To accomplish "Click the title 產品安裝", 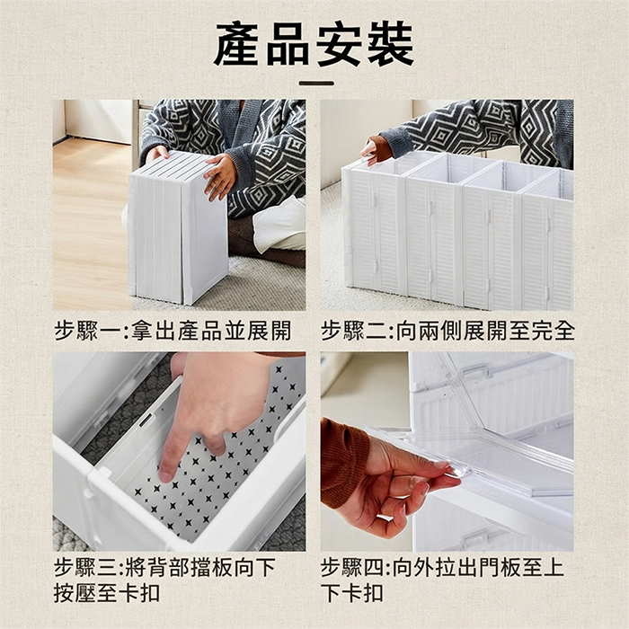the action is coord(314,44).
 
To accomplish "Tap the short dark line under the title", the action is coord(316,84).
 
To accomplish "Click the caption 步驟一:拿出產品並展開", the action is coord(173,331).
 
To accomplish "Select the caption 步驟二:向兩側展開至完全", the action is coord(447,331).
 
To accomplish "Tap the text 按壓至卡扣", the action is coord(107,593).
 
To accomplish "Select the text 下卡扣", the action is coord(352,593).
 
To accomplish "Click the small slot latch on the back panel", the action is coord(146,421).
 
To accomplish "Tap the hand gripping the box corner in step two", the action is coord(375,150).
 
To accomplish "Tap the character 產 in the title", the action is coord(237,44).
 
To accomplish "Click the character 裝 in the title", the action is coord(391,44).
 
